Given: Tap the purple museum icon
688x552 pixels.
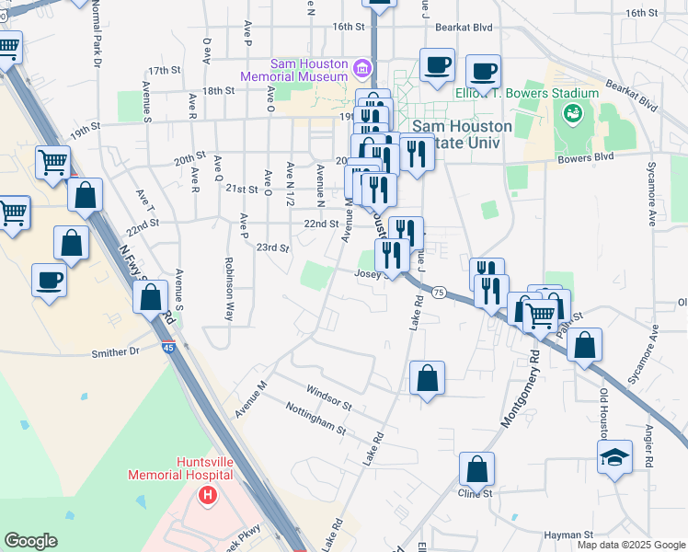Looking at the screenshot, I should (361, 68).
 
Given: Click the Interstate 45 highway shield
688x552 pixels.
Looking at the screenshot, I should (169, 347).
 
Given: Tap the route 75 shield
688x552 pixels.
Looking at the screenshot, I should (439, 292).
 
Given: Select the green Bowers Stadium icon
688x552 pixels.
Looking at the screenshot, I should (573, 113).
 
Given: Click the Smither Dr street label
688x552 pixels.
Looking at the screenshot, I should (115, 351).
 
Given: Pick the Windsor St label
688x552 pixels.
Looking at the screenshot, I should (329, 397).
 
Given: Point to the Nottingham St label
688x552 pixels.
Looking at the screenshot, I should (315, 418).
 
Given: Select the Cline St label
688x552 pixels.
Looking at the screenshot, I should (476, 493).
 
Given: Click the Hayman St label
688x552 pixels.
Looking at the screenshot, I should (568, 535).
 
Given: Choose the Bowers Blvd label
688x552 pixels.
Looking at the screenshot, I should (585, 157).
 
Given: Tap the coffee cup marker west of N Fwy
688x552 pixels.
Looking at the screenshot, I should (49, 281).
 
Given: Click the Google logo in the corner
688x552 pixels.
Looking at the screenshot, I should (30, 541).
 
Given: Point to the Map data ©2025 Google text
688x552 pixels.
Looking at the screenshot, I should (630, 545).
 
